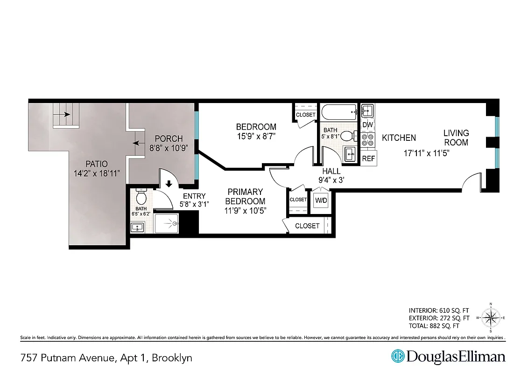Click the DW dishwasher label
point(367,124)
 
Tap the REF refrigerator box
point(368,158)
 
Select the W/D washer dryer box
point(321,200)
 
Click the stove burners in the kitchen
point(368,140)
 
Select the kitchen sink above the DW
point(367,111)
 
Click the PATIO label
point(96,164)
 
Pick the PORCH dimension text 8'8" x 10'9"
point(169,148)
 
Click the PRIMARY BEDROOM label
point(245,196)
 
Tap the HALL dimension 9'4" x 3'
point(331,180)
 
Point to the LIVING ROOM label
point(456,138)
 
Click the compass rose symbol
point(491,318)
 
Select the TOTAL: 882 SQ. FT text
point(434,326)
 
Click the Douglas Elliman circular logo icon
point(397,357)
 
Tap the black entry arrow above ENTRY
point(169,185)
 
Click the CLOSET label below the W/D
point(308,226)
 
